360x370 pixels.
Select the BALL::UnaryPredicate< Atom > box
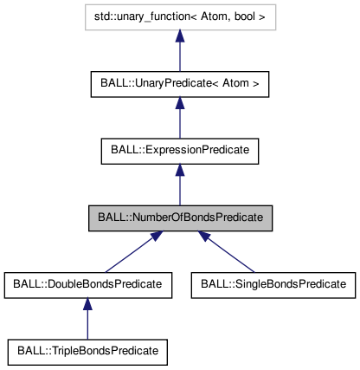pos(180,84)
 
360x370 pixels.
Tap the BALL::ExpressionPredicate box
pos(180,150)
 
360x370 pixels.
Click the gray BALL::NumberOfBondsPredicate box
pos(180,217)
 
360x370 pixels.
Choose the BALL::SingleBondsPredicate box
pos(273,283)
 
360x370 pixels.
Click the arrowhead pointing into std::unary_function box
pos(180,37)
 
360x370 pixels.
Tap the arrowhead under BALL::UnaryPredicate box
pos(180,104)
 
